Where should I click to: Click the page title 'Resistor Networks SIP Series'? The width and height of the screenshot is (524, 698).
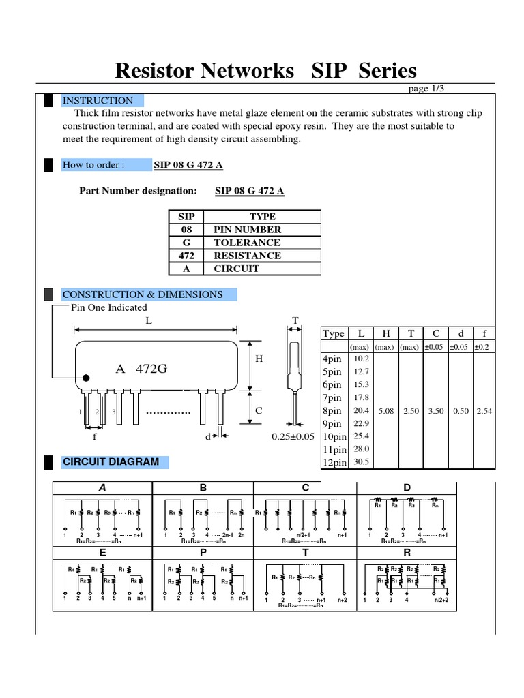(x=265, y=70)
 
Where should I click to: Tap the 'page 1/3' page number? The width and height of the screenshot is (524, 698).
(x=426, y=88)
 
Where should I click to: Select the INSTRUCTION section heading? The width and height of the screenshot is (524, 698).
(x=98, y=101)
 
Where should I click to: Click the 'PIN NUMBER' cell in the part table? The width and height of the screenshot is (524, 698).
(x=247, y=230)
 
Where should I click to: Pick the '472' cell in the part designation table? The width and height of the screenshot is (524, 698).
(x=186, y=256)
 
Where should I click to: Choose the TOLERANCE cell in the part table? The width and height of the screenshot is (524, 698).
(x=247, y=243)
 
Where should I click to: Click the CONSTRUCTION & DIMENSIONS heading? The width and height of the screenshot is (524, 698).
(x=142, y=294)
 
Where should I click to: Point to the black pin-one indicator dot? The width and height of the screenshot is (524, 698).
(x=86, y=377)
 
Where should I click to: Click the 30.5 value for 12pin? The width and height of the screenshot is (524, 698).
(x=361, y=461)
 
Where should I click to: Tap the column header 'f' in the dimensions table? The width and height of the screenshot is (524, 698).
(x=484, y=333)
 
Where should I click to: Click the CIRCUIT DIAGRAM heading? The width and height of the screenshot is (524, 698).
(x=111, y=461)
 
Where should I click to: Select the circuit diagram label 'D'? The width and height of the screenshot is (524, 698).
(x=407, y=487)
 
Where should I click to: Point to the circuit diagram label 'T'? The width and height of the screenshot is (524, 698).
(x=305, y=553)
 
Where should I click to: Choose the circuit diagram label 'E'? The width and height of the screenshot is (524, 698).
(x=102, y=553)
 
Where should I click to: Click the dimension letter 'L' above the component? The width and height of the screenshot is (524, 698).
(x=149, y=320)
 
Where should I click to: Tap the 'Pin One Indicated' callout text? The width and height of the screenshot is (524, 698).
(x=109, y=307)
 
